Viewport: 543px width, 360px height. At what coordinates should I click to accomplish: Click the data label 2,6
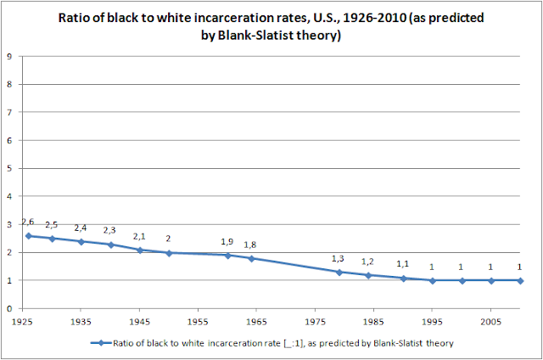[x=28, y=222]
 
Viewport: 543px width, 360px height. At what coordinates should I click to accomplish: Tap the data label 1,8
[x=251, y=245]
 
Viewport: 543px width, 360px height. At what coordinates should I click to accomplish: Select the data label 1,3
[x=338, y=258]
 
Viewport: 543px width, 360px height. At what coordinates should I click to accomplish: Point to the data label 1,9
[x=227, y=241]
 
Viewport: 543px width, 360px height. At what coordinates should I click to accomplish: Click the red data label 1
[x=519, y=267]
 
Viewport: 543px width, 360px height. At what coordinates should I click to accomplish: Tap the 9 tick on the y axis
[x=10, y=58]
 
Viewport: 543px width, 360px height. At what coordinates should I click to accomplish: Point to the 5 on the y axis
[x=10, y=169]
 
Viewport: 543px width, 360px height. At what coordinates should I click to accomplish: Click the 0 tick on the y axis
[x=10, y=308]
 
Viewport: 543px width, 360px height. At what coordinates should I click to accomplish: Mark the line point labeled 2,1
[x=139, y=250]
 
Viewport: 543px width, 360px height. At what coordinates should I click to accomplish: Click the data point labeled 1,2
[x=368, y=275]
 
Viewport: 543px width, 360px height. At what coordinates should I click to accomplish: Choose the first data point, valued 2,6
[x=28, y=235]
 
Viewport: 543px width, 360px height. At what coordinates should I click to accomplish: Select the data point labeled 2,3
[x=110, y=245]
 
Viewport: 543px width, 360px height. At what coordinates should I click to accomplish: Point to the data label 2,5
[x=52, y=225]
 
